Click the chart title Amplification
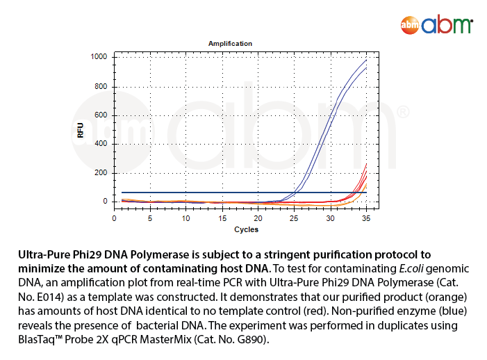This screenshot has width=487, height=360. [x=230, y=44]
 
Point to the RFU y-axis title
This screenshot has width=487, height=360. [x=81, y=131]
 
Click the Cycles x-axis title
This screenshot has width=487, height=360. [x=247, y=229]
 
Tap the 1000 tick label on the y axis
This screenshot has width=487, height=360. [x=99, y=56]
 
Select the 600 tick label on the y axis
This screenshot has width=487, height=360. [x=101, y=115]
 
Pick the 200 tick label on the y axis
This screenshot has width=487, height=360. [x=101, y=172]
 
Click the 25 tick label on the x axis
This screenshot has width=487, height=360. [x=294, y=219]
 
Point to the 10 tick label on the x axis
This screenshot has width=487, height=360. [x=185, y=219]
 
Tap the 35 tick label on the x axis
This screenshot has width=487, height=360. [x=366, y=219]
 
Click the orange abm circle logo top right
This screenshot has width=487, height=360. [x=410, y=25]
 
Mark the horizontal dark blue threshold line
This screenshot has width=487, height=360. [x=244, y=193]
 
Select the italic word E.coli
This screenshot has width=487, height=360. [x=411, y=269]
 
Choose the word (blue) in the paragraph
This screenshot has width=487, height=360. [x=452, y=311]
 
